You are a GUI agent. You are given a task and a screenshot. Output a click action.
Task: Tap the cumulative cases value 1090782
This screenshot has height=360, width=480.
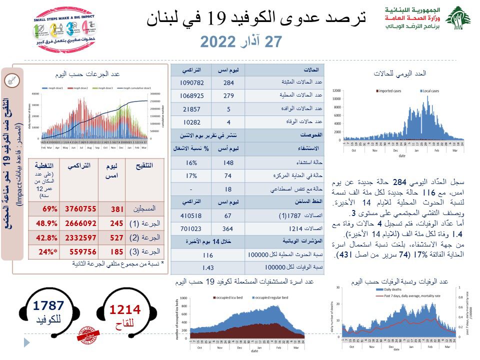(x=190, y=82)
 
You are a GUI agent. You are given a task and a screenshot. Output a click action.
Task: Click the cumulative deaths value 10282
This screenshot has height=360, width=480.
(x=190, y=122)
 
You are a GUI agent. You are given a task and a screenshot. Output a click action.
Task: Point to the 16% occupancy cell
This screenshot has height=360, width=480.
(x=190, y=162)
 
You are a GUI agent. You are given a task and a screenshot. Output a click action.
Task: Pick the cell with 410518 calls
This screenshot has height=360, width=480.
(x=190, y=216)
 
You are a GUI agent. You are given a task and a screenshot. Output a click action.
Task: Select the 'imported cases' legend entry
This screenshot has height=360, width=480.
(x=391, y=91)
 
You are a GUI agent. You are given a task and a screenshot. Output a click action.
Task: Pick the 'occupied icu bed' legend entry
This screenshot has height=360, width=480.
(x=229, y=297)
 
